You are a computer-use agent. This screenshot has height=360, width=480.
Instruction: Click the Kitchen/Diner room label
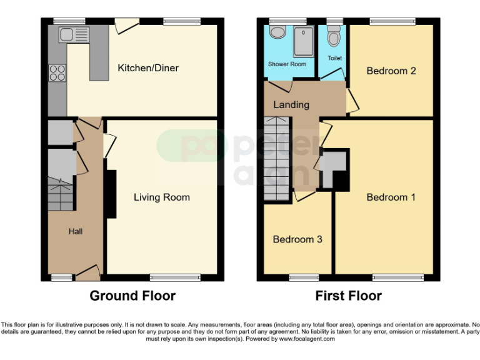[148, 67]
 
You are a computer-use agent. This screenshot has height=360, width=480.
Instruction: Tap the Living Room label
[162, 197]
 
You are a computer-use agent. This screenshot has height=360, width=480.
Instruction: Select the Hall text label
[76, 231]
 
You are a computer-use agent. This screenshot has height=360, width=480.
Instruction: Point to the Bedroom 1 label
[391, 197]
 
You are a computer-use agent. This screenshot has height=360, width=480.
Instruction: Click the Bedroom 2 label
[391, 71]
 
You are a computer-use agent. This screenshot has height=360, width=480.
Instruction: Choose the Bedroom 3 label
[297, 239]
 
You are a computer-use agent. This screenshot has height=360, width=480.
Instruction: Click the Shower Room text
[287, 64]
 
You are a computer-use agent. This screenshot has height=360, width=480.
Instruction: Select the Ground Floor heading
[132, 296]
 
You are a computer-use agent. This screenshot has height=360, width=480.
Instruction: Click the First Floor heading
[349, 296]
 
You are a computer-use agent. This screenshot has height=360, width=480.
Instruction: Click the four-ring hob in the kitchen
[57, 73]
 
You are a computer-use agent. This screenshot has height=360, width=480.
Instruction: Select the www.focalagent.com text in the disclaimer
[306, 339]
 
